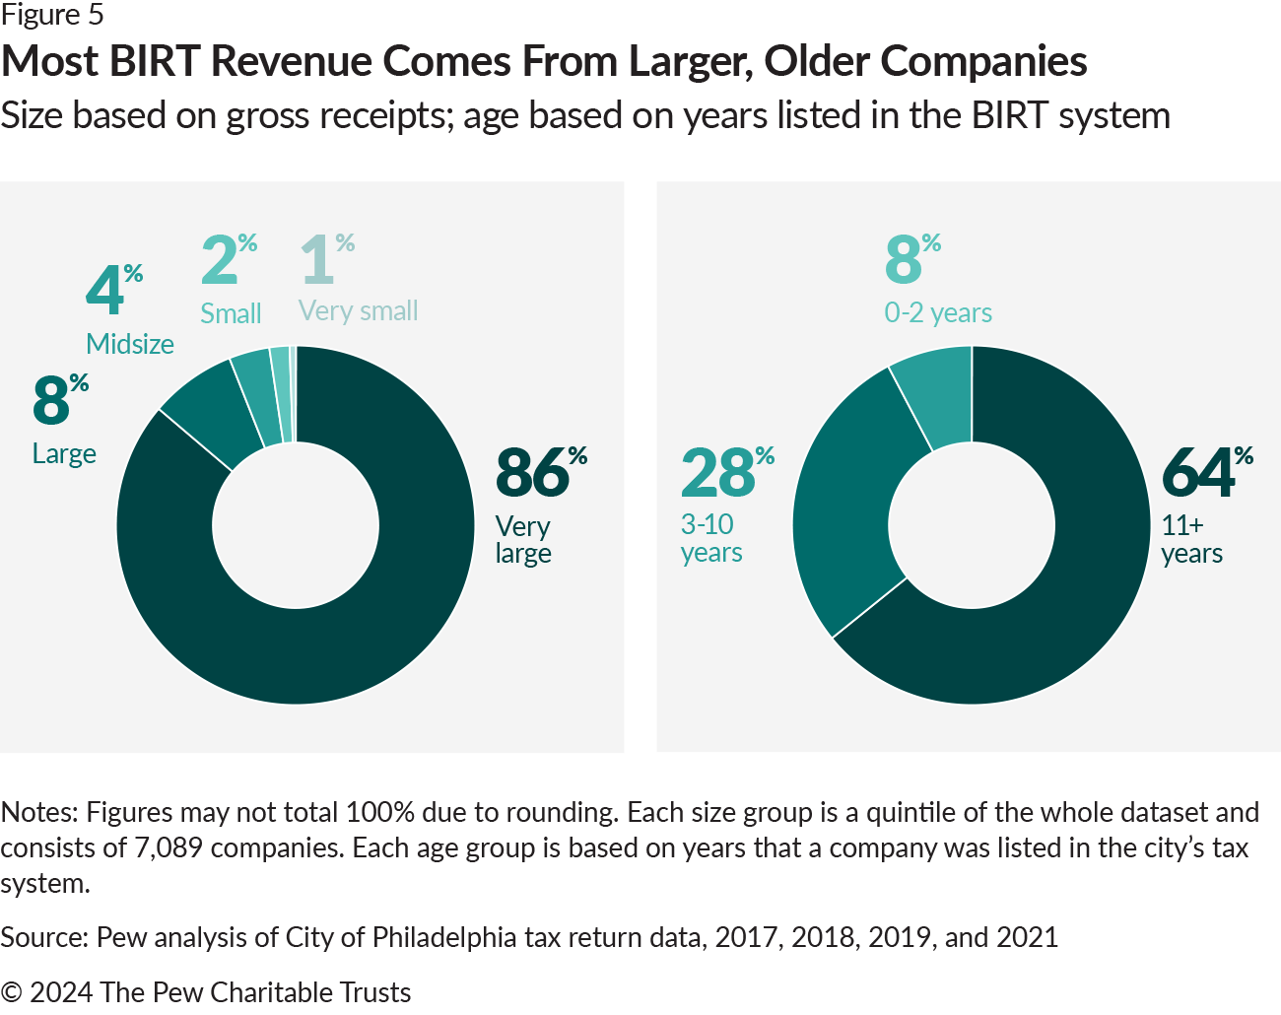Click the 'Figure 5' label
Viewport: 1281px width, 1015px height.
pyautogui.click(x=52, y=16)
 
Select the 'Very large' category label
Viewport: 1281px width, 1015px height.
pyautogui.click(x=523, y=539)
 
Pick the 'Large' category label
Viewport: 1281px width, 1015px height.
pyautogui.click(x=64, y=453)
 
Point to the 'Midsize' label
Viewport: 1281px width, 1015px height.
pyautogui.click(x=130, y=344)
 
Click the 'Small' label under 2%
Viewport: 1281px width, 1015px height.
pyautogui.click(x=231, y=313)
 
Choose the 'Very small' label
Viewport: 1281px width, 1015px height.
pyautogui.click(x=359, y=311)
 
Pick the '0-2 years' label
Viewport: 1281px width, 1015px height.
pyautogui.click(x=938, y=312)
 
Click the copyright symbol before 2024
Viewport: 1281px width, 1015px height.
pyautogui.click(x=11, y=992)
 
